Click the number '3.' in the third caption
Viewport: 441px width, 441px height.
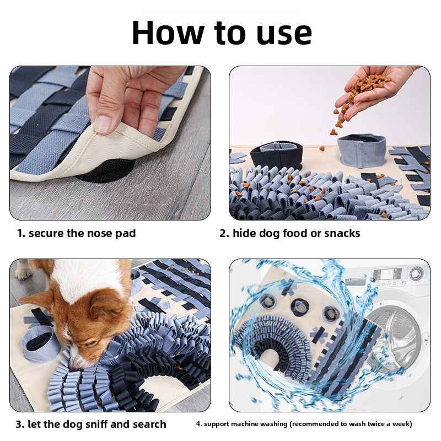[x=20, y=424]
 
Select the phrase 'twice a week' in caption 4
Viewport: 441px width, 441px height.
[x=391, y=424]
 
